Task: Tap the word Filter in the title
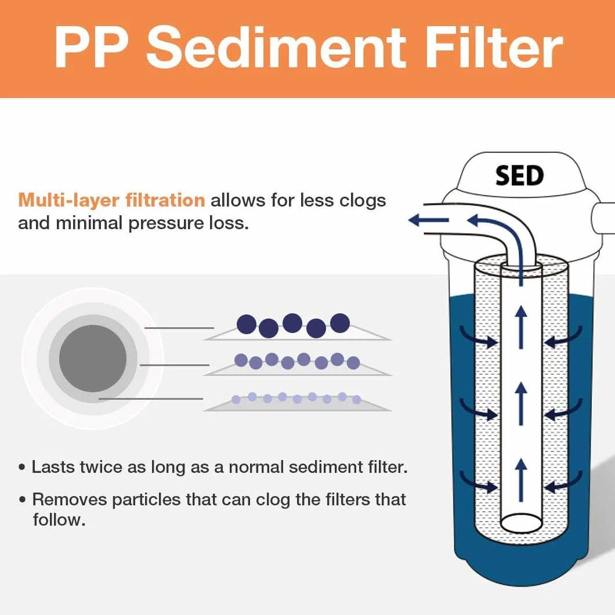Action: click(x=494, y=48)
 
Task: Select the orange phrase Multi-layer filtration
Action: click(x=111, y=200)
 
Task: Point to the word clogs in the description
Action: click(x=363, y=201)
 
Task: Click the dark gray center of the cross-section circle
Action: click(x=93, y=359)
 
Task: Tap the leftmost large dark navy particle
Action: click(x=247, y=324)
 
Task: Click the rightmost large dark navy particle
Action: click(x=339, y=323)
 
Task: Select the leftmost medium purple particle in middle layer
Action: click(x=241, y=360)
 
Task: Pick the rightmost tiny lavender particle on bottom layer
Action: click(x=357, y=400)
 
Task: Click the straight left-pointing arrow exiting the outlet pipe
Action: click(x=428, y=220)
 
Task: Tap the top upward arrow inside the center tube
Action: click(x=521, y=327)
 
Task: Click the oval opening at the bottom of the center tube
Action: click(x=521, y=523)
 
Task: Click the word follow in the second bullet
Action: click(x=59, y=520)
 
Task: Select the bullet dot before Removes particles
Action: click(x=23, y=500)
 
